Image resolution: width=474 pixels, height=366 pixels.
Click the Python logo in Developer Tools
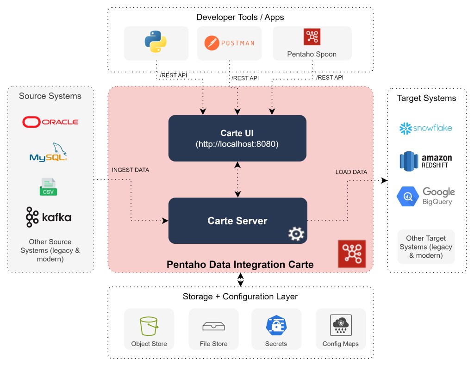point(156,42)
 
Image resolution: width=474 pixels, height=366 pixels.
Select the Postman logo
point(229,43)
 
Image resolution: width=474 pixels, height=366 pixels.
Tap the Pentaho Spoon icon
point(312,37)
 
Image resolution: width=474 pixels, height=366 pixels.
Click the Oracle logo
point(50,122)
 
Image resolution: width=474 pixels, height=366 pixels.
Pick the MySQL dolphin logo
point(49,153)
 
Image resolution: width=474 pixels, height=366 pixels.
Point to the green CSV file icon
point(48,186)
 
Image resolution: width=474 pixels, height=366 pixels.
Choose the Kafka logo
point(49,217)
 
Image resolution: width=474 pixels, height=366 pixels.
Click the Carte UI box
point(237,138)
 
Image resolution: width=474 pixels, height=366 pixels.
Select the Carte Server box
point(237,221)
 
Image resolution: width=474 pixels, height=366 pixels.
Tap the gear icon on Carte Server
point(294,235)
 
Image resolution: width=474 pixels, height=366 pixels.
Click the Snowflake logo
point(425,128)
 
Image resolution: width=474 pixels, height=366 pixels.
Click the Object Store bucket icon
point(149,326)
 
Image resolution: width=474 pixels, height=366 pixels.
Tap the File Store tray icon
point(213,327)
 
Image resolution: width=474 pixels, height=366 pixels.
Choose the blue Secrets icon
point(276,326)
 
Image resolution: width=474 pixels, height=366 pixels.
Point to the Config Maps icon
point(341,326)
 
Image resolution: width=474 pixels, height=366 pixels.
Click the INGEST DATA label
point(131,170)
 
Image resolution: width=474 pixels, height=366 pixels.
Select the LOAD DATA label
point(351,172)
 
